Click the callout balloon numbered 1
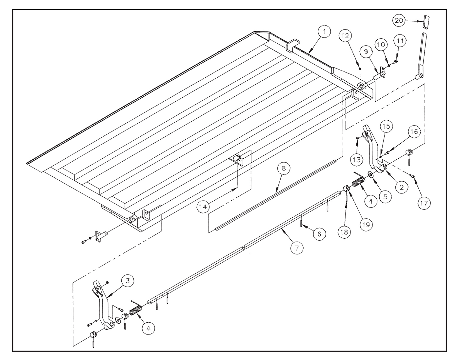point(324,32)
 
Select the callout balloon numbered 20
point(399,21)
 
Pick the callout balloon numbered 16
point(414,131)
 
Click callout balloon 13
point(357,160)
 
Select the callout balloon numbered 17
point(424,203)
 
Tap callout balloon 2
point(402,187)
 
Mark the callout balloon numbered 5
point(385,197)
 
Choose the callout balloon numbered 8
point(284,169)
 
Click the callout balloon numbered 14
point(203,207)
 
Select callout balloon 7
point(297,248)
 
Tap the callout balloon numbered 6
point(319,234)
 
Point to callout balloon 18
point(345,232)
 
